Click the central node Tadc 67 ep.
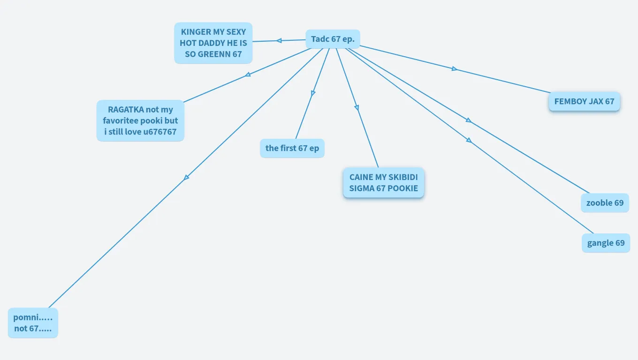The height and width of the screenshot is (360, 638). [x=333, y=39]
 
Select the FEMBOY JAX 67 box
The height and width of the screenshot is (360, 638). [x=584, y=101]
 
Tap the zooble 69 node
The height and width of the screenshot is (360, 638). [x=605, y=202]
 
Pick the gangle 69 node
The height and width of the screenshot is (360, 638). [x=606, y=243]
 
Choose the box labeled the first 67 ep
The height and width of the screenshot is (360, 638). [x=292, y=148]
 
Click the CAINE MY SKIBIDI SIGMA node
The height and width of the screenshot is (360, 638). [x=384, y=183]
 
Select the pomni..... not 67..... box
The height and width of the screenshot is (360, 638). [x=33, y=322]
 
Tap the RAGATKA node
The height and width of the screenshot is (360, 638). [x=140, y=120]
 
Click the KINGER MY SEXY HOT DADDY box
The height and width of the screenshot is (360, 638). [x=213, y=43]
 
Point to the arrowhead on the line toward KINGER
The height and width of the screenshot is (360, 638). [x=279, y=41]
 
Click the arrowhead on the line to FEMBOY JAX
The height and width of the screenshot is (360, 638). [x=454, y=68]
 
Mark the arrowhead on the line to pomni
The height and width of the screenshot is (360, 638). [x=186, y=178]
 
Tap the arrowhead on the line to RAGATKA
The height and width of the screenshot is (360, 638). [x=248, y=75]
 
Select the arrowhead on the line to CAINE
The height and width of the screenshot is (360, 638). [x=357, y=107]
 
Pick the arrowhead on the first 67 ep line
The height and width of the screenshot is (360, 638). [x=313, y=93]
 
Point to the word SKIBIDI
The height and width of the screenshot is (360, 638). [x=403, y=177]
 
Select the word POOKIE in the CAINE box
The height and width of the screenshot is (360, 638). [x=404, y=188]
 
